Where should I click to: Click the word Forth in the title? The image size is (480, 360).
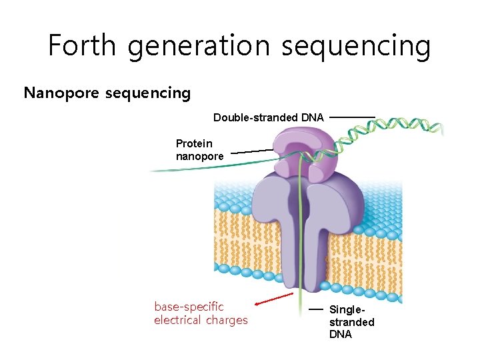pyautogui.click(x=82, y=45)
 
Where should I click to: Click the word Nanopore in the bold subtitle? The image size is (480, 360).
pyautogui.click(x=61, y=93)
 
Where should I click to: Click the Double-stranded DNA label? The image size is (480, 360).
pyautogui.click(x=268, y=117)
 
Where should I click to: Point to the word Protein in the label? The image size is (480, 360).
pyautogui.click(x=194, y=143)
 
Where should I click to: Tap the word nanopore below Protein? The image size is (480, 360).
pyautogui.click(x=199, y=156)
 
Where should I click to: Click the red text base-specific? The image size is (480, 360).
pyautogui.click(x=189, y=307)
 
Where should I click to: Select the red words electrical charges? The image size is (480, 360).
pyautogui.click(x=200, y=320)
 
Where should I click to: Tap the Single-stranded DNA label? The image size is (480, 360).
pyautogui.click(x=351, y=322)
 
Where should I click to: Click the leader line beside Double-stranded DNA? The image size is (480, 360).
pyautogui.click(x=352, y=117)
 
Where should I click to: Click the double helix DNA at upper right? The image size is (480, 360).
pyautogui.click(x=407, y=127)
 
